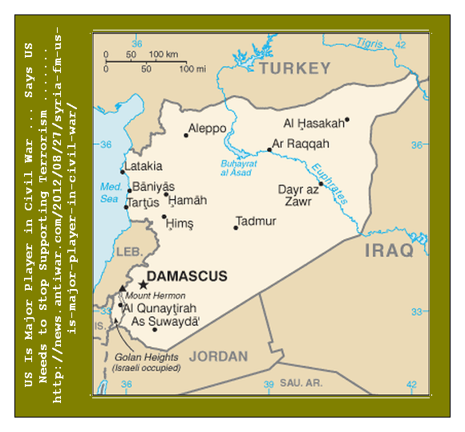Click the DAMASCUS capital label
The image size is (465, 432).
click(188, 276)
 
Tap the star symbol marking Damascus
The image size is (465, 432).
click(144, 285)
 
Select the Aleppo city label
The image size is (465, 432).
click(208, 128)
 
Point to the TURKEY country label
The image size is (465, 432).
click(293, 68)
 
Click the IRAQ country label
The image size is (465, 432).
click(389, 251)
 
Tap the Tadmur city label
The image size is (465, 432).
click(256, 221)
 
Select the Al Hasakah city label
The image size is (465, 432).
click(313, 123)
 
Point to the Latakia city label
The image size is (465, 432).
click(144, 166)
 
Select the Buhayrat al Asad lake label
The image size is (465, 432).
click(237, 169)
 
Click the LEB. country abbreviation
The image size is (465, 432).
click(128, 252)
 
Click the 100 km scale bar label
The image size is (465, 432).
click(164, 55)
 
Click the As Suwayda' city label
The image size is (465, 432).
click(166, 321)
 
